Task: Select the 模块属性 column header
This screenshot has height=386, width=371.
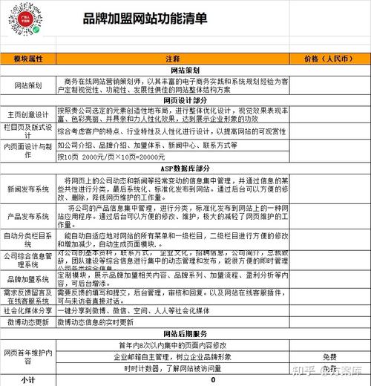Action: point(29,58)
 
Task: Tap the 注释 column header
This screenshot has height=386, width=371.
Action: point(172,58)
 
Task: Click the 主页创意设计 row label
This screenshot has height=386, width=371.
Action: point(29,114)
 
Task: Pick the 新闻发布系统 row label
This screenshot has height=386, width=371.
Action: point(29,190)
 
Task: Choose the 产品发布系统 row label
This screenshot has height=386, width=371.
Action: point(29,217)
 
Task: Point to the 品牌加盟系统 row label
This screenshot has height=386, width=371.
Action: point(29,281)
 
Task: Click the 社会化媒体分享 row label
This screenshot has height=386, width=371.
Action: point(29,311)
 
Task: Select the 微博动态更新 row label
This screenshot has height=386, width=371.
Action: point(29,322)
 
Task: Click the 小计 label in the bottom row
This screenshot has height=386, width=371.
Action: point(29,379)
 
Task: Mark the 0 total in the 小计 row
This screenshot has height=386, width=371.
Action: point(213,379)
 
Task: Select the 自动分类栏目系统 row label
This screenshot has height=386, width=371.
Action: point(29,239)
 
